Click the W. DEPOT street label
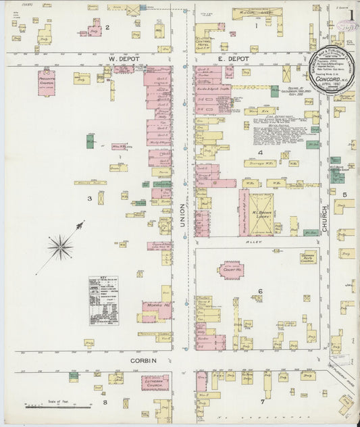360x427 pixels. coord(120,59)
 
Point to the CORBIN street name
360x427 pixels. coord(143,361)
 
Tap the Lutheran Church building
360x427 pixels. coord(155,382)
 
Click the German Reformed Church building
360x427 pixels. coord(308,257)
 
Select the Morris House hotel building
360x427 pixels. coord(156,312)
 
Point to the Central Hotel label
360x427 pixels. coord(203,42)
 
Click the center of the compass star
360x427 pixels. coord(60,247)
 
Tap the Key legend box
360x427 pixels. coord(103,300)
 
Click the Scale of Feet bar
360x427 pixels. coord(59,407)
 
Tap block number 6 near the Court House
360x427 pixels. coord(259,292)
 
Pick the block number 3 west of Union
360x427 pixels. coord(88,198)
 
